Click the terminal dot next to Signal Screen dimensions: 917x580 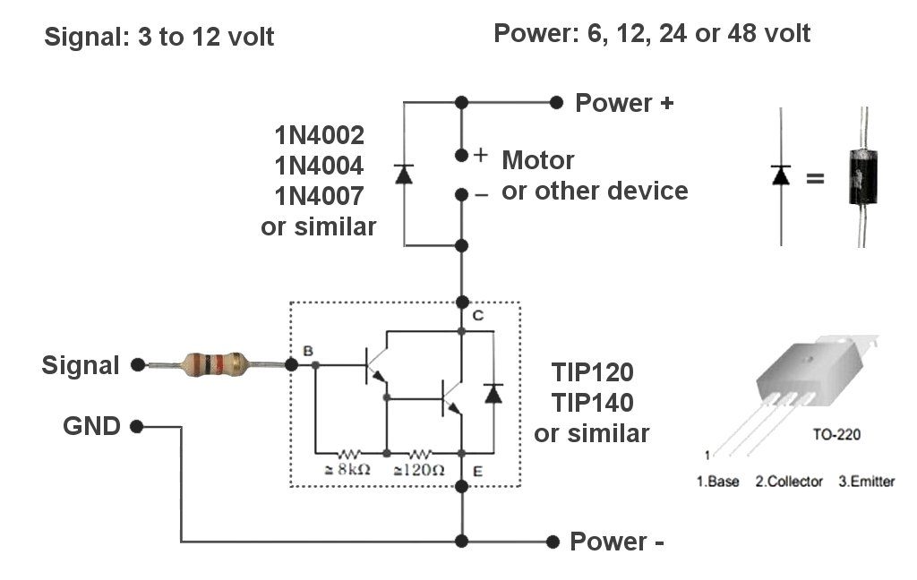[138, 365]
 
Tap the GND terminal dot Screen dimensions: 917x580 [137, 426]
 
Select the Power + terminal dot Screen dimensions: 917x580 [556, 103]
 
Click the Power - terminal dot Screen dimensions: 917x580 [553, 542]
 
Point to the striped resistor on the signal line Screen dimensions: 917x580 [215, 364]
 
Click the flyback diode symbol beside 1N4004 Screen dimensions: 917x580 [404, 175]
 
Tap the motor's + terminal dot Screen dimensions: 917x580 [461, 155]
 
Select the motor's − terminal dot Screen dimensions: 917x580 [461, 194]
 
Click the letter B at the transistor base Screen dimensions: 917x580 [308, 351]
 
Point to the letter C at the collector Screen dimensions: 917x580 [478, 316]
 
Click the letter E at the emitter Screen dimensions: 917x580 [478, 471]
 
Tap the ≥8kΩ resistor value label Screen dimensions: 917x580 [347, 469]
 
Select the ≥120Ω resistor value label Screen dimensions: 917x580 [419, 470]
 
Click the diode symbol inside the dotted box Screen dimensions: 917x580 [493, 394]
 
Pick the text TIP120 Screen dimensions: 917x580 [593, 372]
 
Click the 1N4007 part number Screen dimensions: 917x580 [320, 196]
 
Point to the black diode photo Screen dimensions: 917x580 [862, 176]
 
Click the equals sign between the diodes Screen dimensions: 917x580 [815, 177]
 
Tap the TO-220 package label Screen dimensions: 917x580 [836, 434]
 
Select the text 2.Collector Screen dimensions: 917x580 [789, 482]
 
